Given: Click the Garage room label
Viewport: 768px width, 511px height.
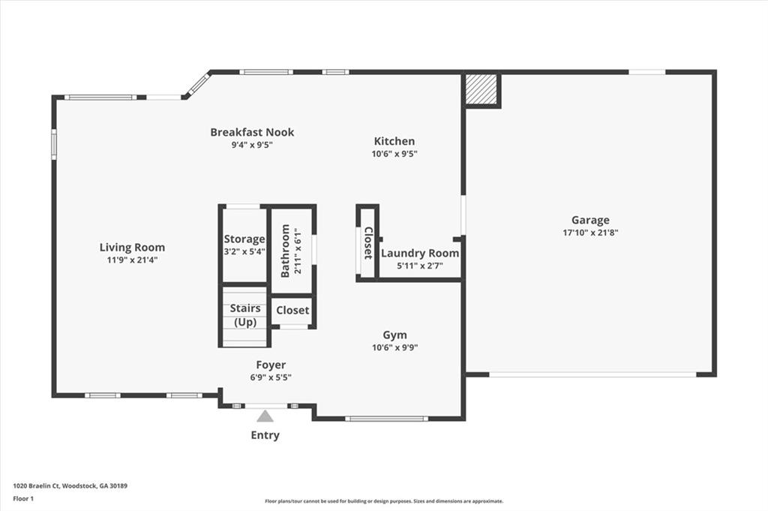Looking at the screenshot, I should click(x=590, y=220).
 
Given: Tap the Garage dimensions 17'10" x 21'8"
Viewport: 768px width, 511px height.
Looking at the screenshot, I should click(x=590, y=233).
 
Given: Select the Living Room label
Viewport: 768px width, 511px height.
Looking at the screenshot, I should click(x=132, y=247).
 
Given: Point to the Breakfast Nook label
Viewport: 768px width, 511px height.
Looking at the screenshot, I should click(x=252, y=132).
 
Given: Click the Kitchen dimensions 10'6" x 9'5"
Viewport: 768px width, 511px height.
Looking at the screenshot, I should click(x=394, y=154).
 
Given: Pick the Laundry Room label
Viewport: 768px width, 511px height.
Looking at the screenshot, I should click(x=419, y=254).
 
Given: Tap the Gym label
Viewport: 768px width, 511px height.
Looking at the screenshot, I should click(x=394, y=335).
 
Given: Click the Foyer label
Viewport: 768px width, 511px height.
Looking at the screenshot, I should click(x=271, y=365).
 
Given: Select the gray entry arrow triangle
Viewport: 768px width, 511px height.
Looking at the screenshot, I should click(x=265, y=416).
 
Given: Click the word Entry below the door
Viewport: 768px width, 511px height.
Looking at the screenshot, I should click(x=265, y=435).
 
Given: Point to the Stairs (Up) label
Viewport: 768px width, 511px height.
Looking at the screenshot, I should click(x=245, y=315).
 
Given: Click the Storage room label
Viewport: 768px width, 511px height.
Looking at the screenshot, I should click(x=244, y=239).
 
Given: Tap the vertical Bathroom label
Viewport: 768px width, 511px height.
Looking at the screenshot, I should click(x=285, y=251).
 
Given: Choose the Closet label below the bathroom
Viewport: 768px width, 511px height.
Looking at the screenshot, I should click(x=292, y=311).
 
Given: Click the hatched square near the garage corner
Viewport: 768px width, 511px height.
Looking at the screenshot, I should click(x=481, y=89).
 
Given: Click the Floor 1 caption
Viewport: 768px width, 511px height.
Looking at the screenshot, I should click(x=24, y=497).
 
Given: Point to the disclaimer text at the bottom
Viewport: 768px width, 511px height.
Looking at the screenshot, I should click(x=384, y=501).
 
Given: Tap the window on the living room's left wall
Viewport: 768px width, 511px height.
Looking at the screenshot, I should click(x=54, y=144).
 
